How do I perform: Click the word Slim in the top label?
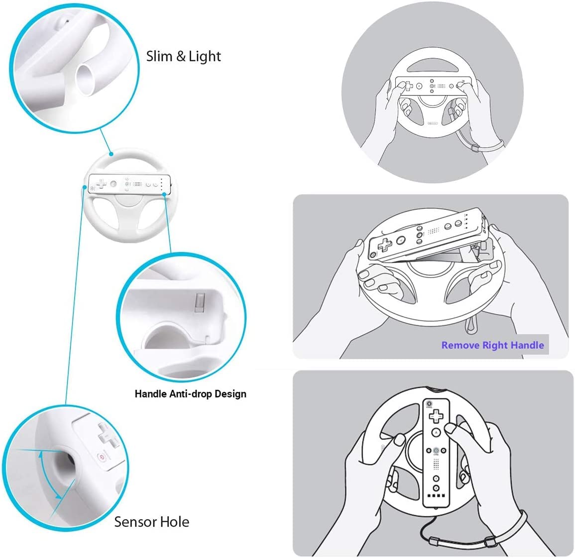159,56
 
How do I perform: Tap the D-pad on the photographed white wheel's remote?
101,183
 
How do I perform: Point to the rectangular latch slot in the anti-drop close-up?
200,302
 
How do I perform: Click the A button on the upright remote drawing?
436,433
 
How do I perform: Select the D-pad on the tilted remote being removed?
385,244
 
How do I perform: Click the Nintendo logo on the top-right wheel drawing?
433,123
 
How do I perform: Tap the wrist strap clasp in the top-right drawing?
475,149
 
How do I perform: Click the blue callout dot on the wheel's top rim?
111,155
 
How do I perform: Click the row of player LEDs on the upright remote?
437,496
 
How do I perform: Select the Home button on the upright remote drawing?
436,450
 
